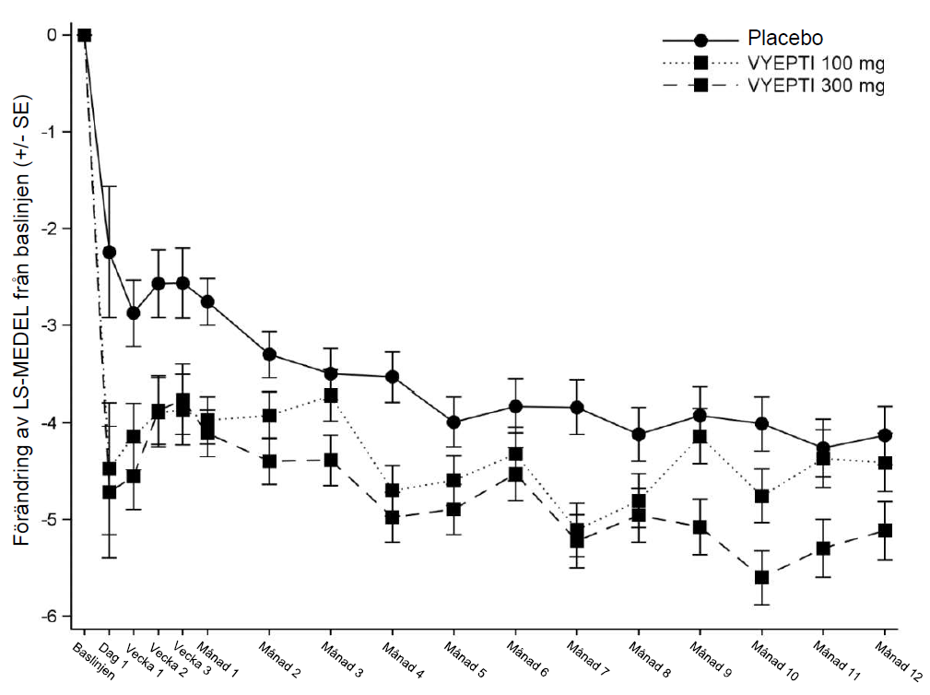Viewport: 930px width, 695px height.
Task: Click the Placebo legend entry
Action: tap(784, 40)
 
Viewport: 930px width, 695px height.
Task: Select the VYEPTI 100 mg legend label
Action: tap(816, 64)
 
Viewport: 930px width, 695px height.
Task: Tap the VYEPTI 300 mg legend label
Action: tap(816, 87)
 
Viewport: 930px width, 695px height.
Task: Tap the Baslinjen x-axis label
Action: tap(94, 660)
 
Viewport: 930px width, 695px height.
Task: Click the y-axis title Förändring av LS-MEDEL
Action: tap(20, 318)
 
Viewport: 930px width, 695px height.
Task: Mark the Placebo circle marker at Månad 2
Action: tap(269, 354)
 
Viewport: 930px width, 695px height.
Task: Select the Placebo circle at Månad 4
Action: tap(392, 376)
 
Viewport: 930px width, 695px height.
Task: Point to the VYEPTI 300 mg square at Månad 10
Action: tap(761, 577)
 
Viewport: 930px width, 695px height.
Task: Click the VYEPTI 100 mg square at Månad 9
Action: tap(700, 437)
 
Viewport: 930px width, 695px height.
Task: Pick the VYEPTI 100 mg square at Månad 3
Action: tap(331, 395)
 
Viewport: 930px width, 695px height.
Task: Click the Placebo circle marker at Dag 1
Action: tap(110, 252)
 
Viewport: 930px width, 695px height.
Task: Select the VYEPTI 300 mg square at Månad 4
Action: tap(392, 517)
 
